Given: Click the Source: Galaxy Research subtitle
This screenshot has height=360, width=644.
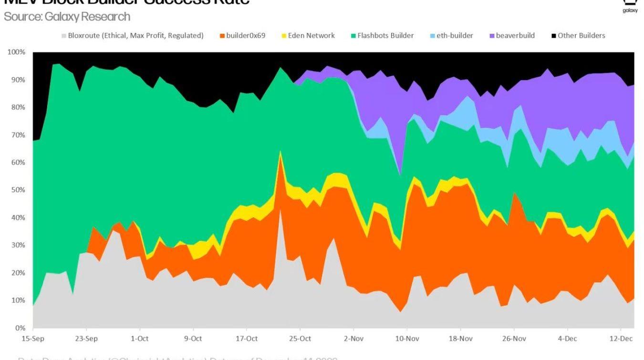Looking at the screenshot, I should (x=67, y=17).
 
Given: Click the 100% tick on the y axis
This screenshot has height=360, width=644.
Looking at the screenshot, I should (x=16, y=52).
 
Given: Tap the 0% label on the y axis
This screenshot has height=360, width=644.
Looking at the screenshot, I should (x=20, y=328).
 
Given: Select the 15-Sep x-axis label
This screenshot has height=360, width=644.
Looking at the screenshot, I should (x=33, y=339).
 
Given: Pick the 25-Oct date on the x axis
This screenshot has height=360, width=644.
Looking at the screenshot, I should (x=300, y=339).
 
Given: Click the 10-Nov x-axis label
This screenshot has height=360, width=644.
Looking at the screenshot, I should (x=406, y=339).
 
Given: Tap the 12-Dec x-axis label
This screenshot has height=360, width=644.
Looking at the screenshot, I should (x=620, y=339).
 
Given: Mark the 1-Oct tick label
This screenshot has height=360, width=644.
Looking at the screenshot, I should (x=139, y=339).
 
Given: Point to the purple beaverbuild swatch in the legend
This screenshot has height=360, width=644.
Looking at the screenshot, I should (x=492, y=36).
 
